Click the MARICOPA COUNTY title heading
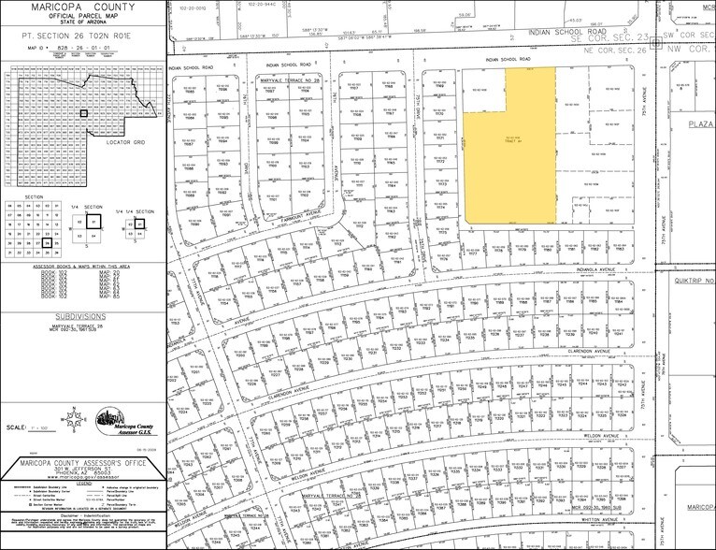pyautogui.click(x=81, y=8)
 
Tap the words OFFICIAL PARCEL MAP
pyautogui.click(x=81, y=19)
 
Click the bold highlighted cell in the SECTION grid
pyautogui.click(x=46, y=239)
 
